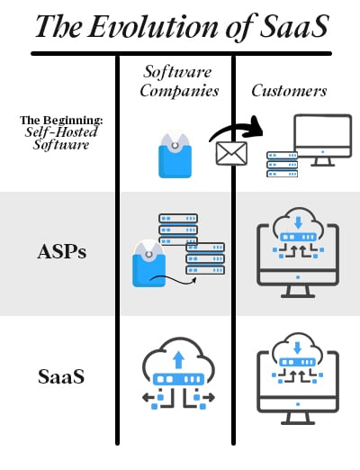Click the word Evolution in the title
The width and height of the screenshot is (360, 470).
click(153, 26)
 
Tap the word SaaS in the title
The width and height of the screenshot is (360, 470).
click(294, 26)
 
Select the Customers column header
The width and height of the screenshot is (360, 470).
click(289, 91)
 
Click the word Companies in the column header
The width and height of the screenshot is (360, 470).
click(179, 91)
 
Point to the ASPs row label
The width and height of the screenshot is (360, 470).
click(62, 251)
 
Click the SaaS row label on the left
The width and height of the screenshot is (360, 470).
click(61, 376)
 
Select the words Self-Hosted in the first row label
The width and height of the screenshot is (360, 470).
click(61, 132)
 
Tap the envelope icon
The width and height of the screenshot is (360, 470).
click(231, 153)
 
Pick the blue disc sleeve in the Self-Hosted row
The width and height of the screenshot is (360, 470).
click(175, 155)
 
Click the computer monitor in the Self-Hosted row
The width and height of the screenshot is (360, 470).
click(322, 140)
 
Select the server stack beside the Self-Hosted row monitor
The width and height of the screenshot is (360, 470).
click(283, 164)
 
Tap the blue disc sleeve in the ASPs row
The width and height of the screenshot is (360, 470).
click(148, 264)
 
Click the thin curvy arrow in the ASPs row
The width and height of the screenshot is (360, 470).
click(174, 281)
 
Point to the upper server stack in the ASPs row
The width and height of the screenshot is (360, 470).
click(178, 230)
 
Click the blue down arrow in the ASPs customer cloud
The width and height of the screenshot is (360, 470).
click(298, 222)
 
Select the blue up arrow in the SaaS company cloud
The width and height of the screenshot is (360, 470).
click(179, 360)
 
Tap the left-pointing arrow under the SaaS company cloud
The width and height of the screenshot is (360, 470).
click(148, 397)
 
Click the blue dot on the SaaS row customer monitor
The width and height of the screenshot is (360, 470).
click(298, 404)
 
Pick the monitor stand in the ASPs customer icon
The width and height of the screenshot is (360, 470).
click(298, 292)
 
